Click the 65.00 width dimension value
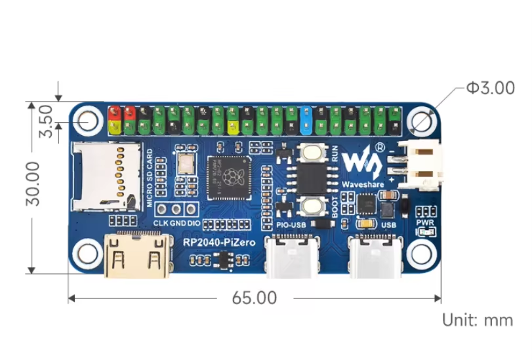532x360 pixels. [x=255, y=298]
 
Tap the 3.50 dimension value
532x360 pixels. [x=45, y=122]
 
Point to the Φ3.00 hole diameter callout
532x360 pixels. [x=490, y=87]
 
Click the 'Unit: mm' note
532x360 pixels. [x=477, y=321]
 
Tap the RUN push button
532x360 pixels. [x=312, y=153]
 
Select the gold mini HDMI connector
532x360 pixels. [x=136, y=258]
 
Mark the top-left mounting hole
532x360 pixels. [x=86, y=120]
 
